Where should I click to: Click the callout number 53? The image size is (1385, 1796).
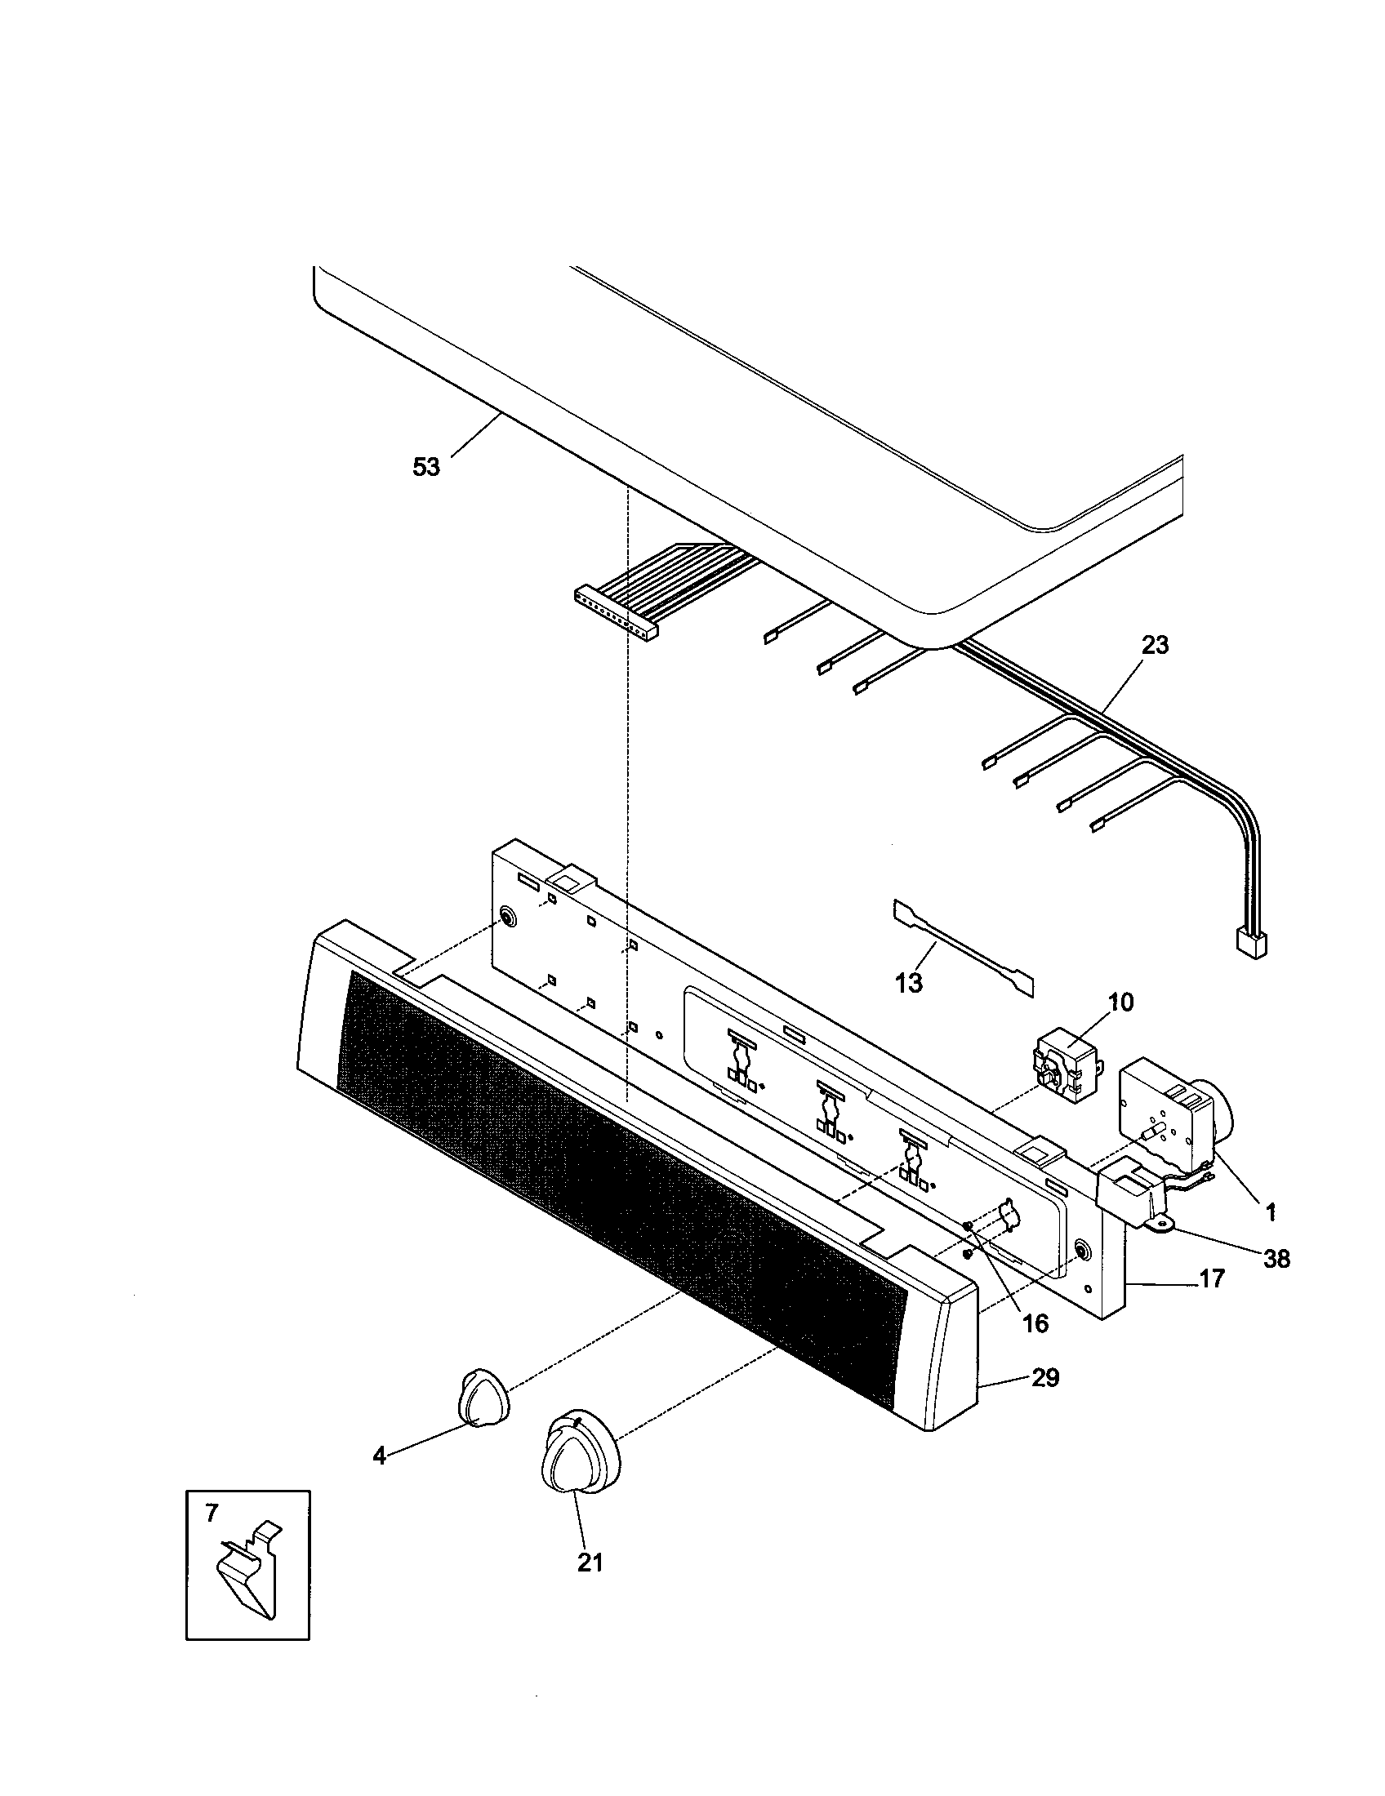point(426,468)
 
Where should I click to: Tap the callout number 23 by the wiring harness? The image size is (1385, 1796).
point(1155,646)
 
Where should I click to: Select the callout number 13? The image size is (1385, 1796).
point(909,982)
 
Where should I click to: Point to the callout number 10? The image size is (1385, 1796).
point(1120,1002)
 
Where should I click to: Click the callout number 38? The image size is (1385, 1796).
point(1276,1258)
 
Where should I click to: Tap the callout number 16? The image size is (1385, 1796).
point(1035,1323)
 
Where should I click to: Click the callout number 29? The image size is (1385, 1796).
point(1044,1377)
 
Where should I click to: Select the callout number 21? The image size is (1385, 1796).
point(590,1563)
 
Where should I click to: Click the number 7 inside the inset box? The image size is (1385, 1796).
point(212,1512)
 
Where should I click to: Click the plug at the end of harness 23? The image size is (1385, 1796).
point(1251,942)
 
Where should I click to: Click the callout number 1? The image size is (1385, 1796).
point(1270,1211)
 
